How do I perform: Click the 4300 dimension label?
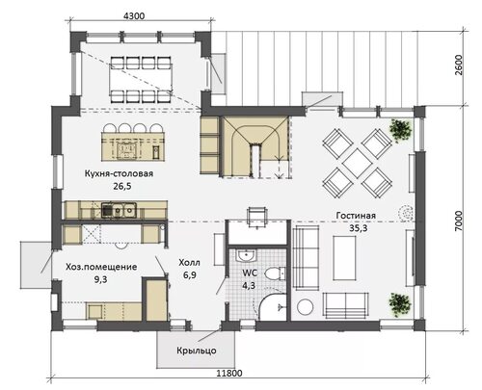[134, 15]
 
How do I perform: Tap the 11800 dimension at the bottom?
[229, 374]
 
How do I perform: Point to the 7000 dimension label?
[459, 221]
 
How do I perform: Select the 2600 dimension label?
[459, 65]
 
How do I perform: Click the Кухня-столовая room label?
[119, 173]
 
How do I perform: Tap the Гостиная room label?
[356, 216]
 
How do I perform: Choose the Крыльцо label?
[197, 351]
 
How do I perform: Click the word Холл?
[189, 263]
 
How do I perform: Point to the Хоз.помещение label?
[101, 267]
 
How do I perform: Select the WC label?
[250, 273]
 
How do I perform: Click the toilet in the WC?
[275, 273]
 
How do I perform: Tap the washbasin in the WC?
[247, 256]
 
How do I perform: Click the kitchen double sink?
[119, 211]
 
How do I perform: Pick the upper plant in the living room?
[400, 130]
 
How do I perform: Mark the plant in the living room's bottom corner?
[400, 303]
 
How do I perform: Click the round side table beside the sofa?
[305, 307]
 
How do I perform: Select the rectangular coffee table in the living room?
[344, 258]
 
